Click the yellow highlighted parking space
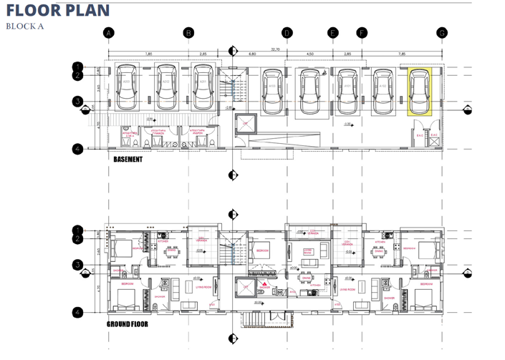point(420,92)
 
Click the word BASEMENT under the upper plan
point(128,159)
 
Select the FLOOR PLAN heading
point(58,10)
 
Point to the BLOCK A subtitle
point(24,26)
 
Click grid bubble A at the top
point(109,33)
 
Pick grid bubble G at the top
point(442,33)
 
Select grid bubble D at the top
point(287,33)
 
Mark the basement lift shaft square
point(245,124)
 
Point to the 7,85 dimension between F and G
point(402,54)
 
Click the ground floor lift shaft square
point(245,287)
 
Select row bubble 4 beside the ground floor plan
point(77,312)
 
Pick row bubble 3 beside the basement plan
point(77,102)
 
